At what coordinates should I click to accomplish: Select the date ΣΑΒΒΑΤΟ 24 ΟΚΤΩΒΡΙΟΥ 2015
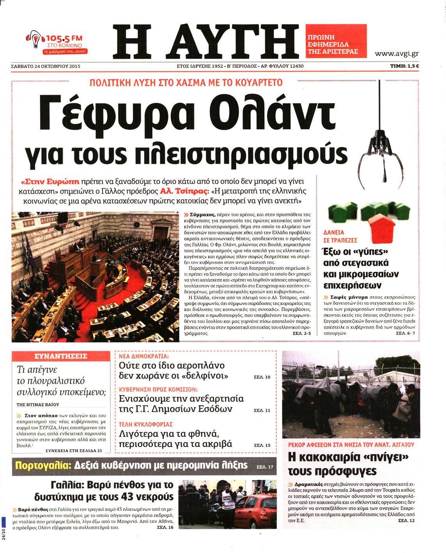(x=46, y=66)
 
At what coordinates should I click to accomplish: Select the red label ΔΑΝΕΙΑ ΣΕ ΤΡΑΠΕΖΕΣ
(x=340, y=236)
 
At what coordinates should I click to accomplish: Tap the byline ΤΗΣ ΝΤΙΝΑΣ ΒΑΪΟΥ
(x=38, y=405)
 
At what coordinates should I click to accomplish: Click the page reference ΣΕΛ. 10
(x=262, y=377)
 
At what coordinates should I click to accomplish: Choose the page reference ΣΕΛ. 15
(x=262, y=445)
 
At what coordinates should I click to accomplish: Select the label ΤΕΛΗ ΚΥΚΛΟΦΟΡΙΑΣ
(x=145, y=424)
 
